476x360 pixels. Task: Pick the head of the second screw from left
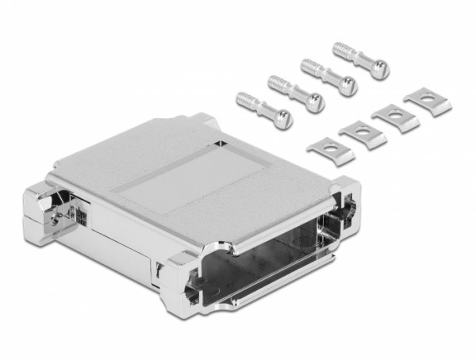[315, 102]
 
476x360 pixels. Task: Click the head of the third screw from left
[347, 85]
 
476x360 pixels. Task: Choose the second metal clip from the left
[362, 131]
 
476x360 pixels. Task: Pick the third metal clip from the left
[394, 116]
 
